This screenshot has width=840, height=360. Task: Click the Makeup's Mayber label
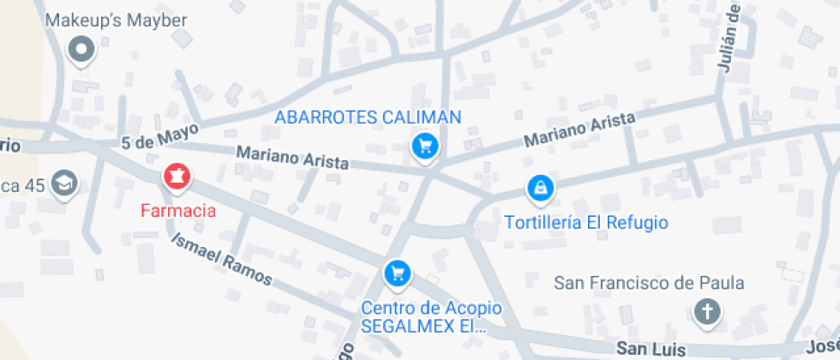tap(116, 20)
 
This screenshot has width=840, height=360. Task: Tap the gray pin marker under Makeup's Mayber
tap(82, 51)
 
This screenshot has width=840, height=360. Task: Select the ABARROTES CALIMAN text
tap(368, 117)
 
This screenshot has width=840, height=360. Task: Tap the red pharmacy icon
tap(177, 177)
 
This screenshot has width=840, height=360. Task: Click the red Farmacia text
tap(178, 209)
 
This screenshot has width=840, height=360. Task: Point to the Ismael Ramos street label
tap(221, 259)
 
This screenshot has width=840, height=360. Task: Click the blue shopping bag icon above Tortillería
tap(542, 187)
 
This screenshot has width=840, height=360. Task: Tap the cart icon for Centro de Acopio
tap(397, 273)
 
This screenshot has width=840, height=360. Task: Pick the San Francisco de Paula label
tap(649, 283)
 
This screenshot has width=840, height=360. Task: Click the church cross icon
tap(706, 311)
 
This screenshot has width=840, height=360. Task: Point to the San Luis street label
tap(651, 349)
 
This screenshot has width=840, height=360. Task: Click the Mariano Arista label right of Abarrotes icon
tap(579, 129)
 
